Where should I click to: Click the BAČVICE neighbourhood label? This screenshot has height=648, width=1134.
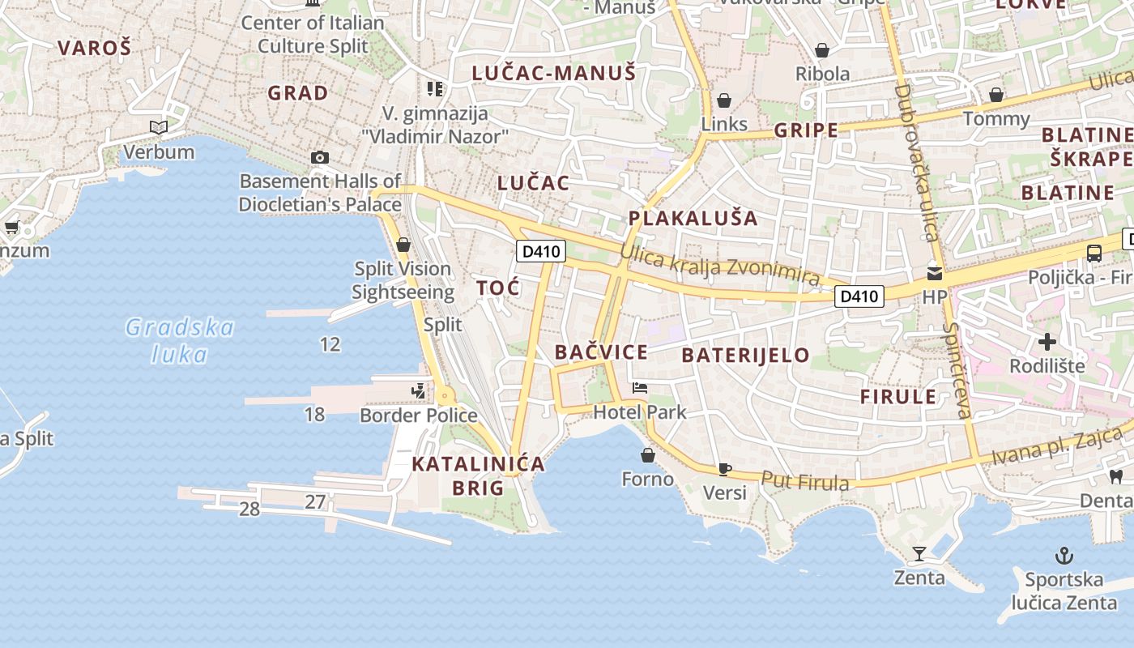[601, 352]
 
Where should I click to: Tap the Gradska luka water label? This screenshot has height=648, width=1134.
[180, 340]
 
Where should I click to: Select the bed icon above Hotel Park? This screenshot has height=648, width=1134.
[640, 388]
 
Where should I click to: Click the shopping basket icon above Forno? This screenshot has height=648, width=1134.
[647, 455]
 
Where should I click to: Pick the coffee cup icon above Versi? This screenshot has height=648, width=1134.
[725, 469]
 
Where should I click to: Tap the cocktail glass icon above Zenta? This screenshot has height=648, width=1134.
[919, 554]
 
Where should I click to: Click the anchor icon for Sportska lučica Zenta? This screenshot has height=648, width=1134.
[1064, 556]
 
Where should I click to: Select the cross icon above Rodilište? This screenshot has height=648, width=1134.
[1047, 342]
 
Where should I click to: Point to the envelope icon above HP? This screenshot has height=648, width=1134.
[935, 273]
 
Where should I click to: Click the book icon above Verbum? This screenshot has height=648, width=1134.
[159, 127]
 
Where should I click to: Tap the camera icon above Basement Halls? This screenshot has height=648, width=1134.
[320, 157]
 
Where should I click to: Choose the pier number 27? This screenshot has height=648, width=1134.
[315, 502]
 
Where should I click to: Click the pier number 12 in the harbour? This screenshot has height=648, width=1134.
[330, 344]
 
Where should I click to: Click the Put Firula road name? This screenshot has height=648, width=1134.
[805, 481]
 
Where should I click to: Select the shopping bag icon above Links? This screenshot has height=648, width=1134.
[724, 100]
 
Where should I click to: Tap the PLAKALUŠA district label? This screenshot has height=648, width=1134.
[693, 218]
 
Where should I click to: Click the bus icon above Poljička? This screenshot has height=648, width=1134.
[1093, 253]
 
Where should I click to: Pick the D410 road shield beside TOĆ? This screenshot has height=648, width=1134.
[540, 251]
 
